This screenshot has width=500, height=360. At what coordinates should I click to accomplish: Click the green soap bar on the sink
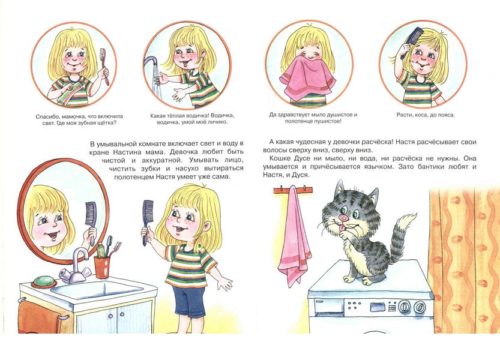point(44,281)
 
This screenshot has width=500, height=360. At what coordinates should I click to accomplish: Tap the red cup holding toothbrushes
point(102,267)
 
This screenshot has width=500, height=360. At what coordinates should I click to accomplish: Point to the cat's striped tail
point(402,236)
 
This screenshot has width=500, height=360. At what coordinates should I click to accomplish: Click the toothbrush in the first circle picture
point(105,66)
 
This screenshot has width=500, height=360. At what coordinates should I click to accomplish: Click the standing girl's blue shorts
point(188,301)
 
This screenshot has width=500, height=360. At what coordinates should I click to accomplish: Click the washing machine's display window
point(377,307)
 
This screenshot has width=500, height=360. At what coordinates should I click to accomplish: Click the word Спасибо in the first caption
point(47,117)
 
